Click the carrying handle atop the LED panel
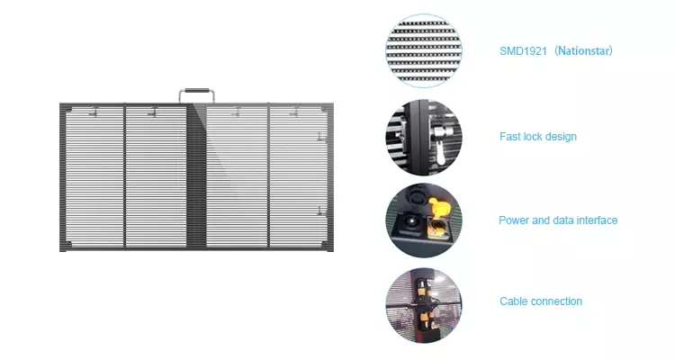[x=196, y=91]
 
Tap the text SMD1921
[x=523, y=51]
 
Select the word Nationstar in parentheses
[x=583, y=50]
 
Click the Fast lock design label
[x=538, y=137]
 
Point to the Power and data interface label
[x=558, y=220]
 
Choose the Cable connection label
[x=541, y=301]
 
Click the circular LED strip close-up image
[x=424, y=50]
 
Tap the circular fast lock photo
[x=424, y=138]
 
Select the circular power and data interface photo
[x=424, y=220]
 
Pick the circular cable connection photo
[x=424, y=305]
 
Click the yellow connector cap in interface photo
[x=438, y=205]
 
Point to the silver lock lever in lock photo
[x=440, y=144]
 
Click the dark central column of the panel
[x=196, y=176]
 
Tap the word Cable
[x=513, y=301]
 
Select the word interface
[x=597, y=220]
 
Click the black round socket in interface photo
[x=409, y=222]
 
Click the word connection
[x=556, y=301]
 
